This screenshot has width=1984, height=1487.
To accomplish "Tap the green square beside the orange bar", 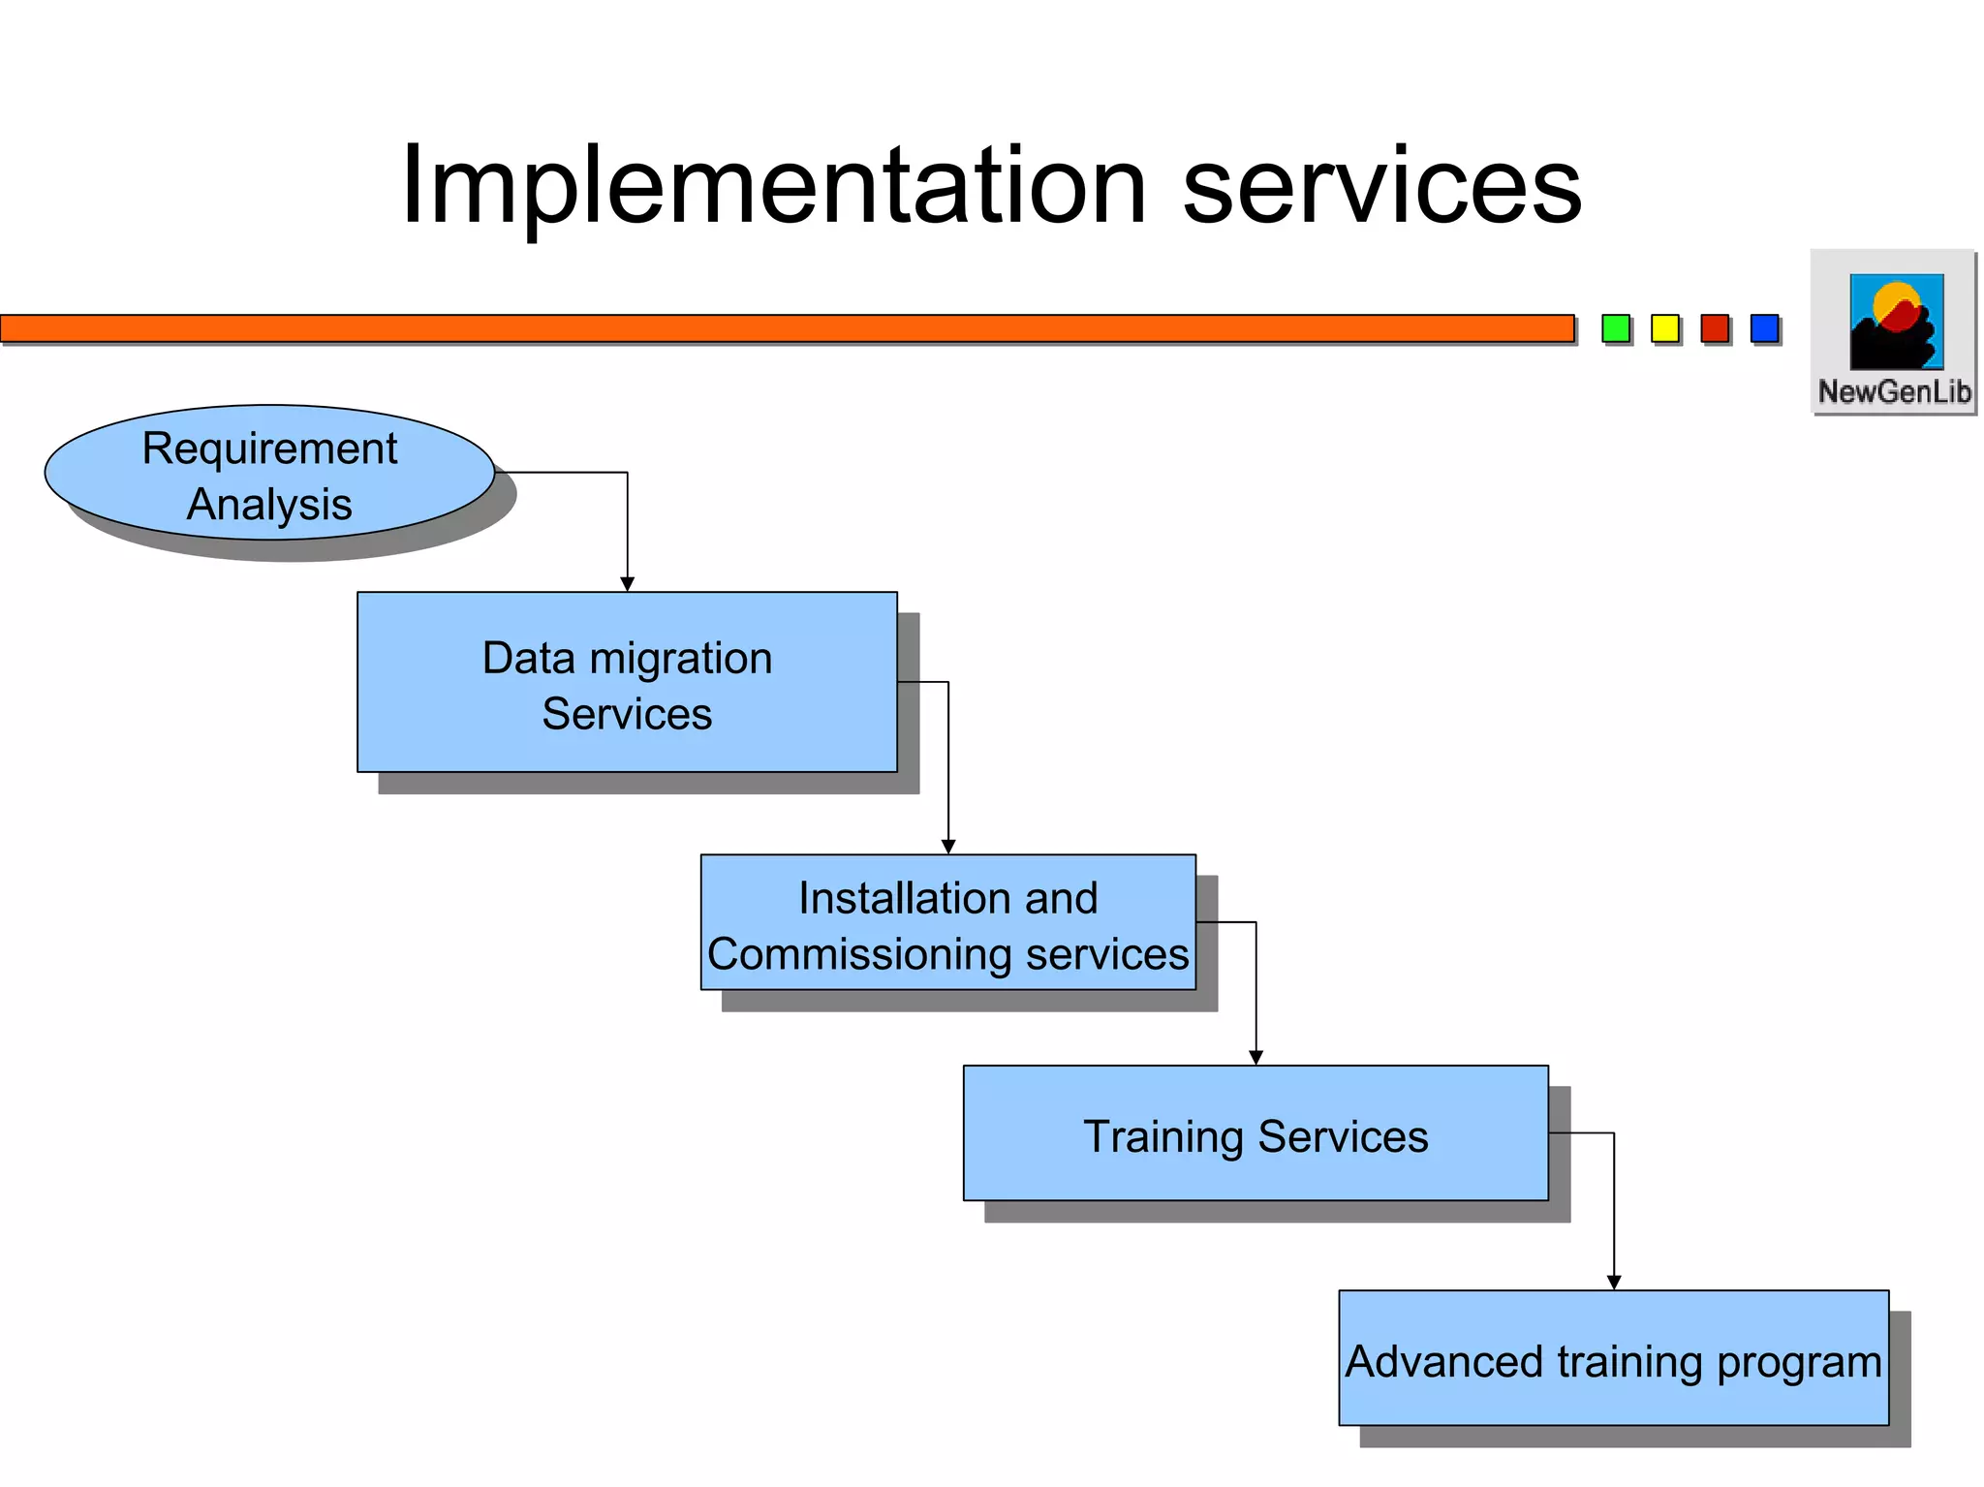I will click(x=1615, y=328).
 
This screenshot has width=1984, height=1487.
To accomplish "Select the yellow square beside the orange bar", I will click(x=1664, y=328).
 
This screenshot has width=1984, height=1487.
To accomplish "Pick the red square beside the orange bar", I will click(x=1715, y=328).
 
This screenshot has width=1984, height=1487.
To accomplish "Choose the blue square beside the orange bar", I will click(x=1764, y=328).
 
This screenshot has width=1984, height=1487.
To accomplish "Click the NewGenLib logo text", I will click(x=1894, y=392).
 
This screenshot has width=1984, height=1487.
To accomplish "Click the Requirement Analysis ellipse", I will click(x=269, y=473).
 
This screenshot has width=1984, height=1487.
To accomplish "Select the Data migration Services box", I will click(x=627, y=682).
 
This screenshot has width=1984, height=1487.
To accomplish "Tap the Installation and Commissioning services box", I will click(x=947, y=922).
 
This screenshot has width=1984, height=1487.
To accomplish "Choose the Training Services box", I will click(x=1255, y=1133).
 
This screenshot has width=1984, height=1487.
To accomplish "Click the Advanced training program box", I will click(x=1613, y=1358).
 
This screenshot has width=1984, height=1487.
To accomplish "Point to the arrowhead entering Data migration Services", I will click(x=627, y=584).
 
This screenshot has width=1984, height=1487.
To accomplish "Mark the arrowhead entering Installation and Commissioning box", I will click(x=948, y=847).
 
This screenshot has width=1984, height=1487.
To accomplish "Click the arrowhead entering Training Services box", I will click(x=1255, y=1058).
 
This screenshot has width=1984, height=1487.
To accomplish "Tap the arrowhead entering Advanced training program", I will click(x=1614, y=1283).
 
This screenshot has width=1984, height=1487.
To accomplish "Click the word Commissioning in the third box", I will click(x=860, y=954).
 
